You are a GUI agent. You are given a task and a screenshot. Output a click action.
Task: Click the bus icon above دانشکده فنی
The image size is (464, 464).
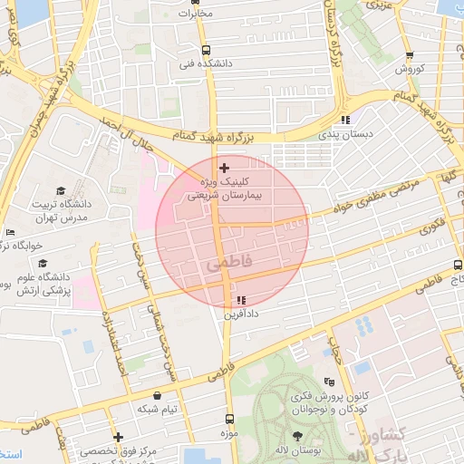pyautogui.click(x=207, y=51)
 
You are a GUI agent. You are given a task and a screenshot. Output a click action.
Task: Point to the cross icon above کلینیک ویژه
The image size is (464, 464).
pyautogui.click(x=225, y=168)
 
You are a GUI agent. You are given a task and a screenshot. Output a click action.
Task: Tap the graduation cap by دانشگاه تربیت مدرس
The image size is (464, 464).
pyautogui.click(x=61, y=191)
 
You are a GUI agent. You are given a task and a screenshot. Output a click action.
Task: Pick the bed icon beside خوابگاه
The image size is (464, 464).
pyautogui.click(x=9, y=233)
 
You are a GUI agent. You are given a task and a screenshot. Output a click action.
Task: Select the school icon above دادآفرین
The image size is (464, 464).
pyautogui.click(x=239, y=300)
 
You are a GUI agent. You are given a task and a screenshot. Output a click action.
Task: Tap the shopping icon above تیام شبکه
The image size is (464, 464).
pyautogui.click(x=159, y=396)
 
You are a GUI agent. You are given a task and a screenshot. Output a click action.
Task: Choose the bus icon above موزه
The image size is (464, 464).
pyautogui.click(x=229, y=420)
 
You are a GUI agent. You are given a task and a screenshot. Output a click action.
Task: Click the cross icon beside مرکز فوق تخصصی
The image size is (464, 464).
pyautogui.click(x=118, y=437)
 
